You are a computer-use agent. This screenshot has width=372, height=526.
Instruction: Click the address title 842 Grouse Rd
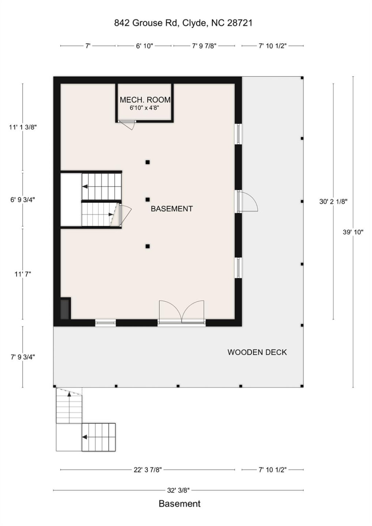click(x=183, y=23)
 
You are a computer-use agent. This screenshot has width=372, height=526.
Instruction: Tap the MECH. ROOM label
click(x=145, y=100)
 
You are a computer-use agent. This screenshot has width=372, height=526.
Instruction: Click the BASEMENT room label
click(x=172, y=209)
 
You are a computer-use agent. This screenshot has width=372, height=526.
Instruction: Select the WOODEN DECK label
click(x=257, y=352)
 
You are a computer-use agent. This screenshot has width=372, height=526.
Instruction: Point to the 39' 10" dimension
click(x=353, y=232)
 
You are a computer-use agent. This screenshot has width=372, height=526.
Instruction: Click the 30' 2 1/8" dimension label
click(x=333, y=201)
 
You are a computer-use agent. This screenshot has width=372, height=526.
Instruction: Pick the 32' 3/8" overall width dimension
click(x=178, y=490)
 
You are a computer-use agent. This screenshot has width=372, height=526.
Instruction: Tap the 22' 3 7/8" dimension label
click(x=147, y=470)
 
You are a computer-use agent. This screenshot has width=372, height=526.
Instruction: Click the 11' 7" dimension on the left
click(x=23, y=274)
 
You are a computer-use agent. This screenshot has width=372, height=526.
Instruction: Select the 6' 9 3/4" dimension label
click(x=23, y=200)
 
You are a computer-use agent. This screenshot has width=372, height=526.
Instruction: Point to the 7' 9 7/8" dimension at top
click(x=204, y=46)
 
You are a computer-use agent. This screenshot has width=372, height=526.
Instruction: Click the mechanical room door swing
click(x=129, y=125)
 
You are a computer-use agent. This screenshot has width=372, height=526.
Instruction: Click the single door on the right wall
click(x=248, y=202)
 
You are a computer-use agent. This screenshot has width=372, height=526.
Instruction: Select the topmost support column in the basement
click(x=148, y=162)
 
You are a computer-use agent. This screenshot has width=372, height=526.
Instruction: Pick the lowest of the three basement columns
click(x=148, y=247)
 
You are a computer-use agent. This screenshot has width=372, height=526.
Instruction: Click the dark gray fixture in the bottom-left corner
click(x=65, y=309)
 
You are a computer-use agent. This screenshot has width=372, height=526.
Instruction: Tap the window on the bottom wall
click(x=106, y=323)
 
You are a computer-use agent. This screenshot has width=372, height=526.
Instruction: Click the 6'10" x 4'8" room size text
click(x=144, y=108)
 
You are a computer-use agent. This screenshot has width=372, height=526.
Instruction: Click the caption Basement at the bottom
click(x=179, y=504)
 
